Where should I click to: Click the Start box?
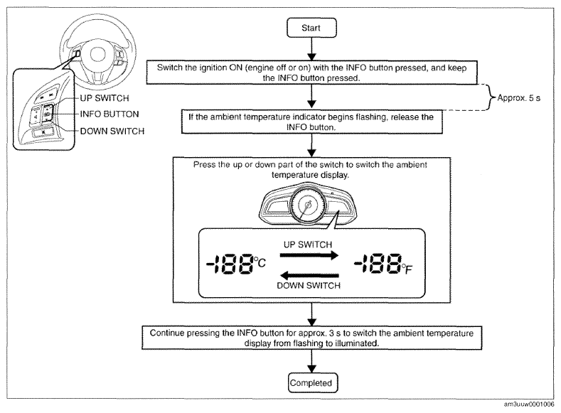click(311, 28)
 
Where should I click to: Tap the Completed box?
click(313, 382)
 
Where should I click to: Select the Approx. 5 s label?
click(519, 98)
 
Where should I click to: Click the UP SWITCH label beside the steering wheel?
click(105, 98)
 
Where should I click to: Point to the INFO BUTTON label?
click(109, 114)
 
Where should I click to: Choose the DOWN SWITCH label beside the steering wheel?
click(112, 132)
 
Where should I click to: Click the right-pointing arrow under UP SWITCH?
click(309, 255)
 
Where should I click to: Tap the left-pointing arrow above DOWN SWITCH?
click(309, 275)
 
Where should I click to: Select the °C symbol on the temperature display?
click(260, 262)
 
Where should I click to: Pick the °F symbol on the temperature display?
click(407, 269)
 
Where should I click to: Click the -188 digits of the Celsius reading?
click(230, 264)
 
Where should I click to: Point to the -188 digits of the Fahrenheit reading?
click(378, 264)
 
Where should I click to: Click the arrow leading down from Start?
click(312, 49)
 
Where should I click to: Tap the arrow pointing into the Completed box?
click(312, 361)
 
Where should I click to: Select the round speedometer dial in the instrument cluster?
click(308, 205)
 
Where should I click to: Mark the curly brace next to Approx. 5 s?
click(490, 97)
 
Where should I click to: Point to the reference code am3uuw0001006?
click(529, 404)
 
